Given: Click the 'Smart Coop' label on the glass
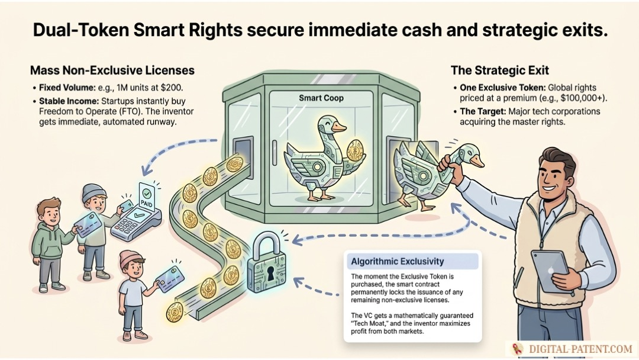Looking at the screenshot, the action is pyautogui.click(x=321, y=98).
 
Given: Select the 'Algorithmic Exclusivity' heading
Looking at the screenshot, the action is pyautogui.click(x=398, y=261).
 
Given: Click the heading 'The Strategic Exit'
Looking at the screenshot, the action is pyautogui.click(x=499, y=70).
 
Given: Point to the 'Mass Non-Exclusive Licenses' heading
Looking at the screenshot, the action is pyautogui.click(x=112, y=70).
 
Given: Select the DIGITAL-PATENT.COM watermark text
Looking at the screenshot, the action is pyautogui.click(x=580, y=349).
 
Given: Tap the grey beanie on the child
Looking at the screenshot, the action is pyautogui.click(x=93, y=192).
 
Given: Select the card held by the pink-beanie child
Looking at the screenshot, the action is pyautogui.click(x=170, y=279).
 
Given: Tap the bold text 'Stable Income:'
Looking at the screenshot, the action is pyautogui.click(x=69, y=101).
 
